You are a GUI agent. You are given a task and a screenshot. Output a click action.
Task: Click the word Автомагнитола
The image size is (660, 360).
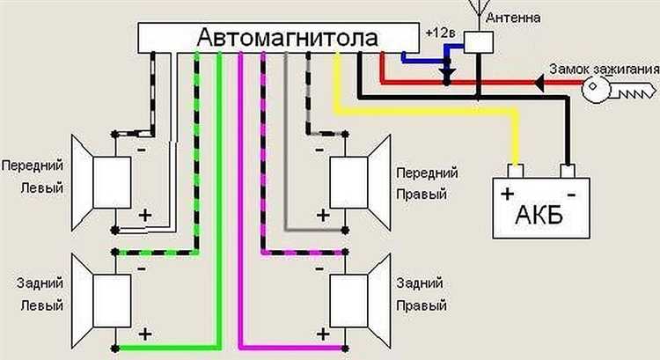[288, 39]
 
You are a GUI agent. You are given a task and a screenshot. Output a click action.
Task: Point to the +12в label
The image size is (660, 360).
[440, 33]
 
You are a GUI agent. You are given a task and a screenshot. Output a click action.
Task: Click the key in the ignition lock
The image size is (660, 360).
[629, 90]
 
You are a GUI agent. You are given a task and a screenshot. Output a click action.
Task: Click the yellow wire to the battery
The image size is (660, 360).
[422, 113]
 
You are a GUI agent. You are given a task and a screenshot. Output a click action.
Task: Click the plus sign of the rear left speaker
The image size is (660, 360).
[144, 334]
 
